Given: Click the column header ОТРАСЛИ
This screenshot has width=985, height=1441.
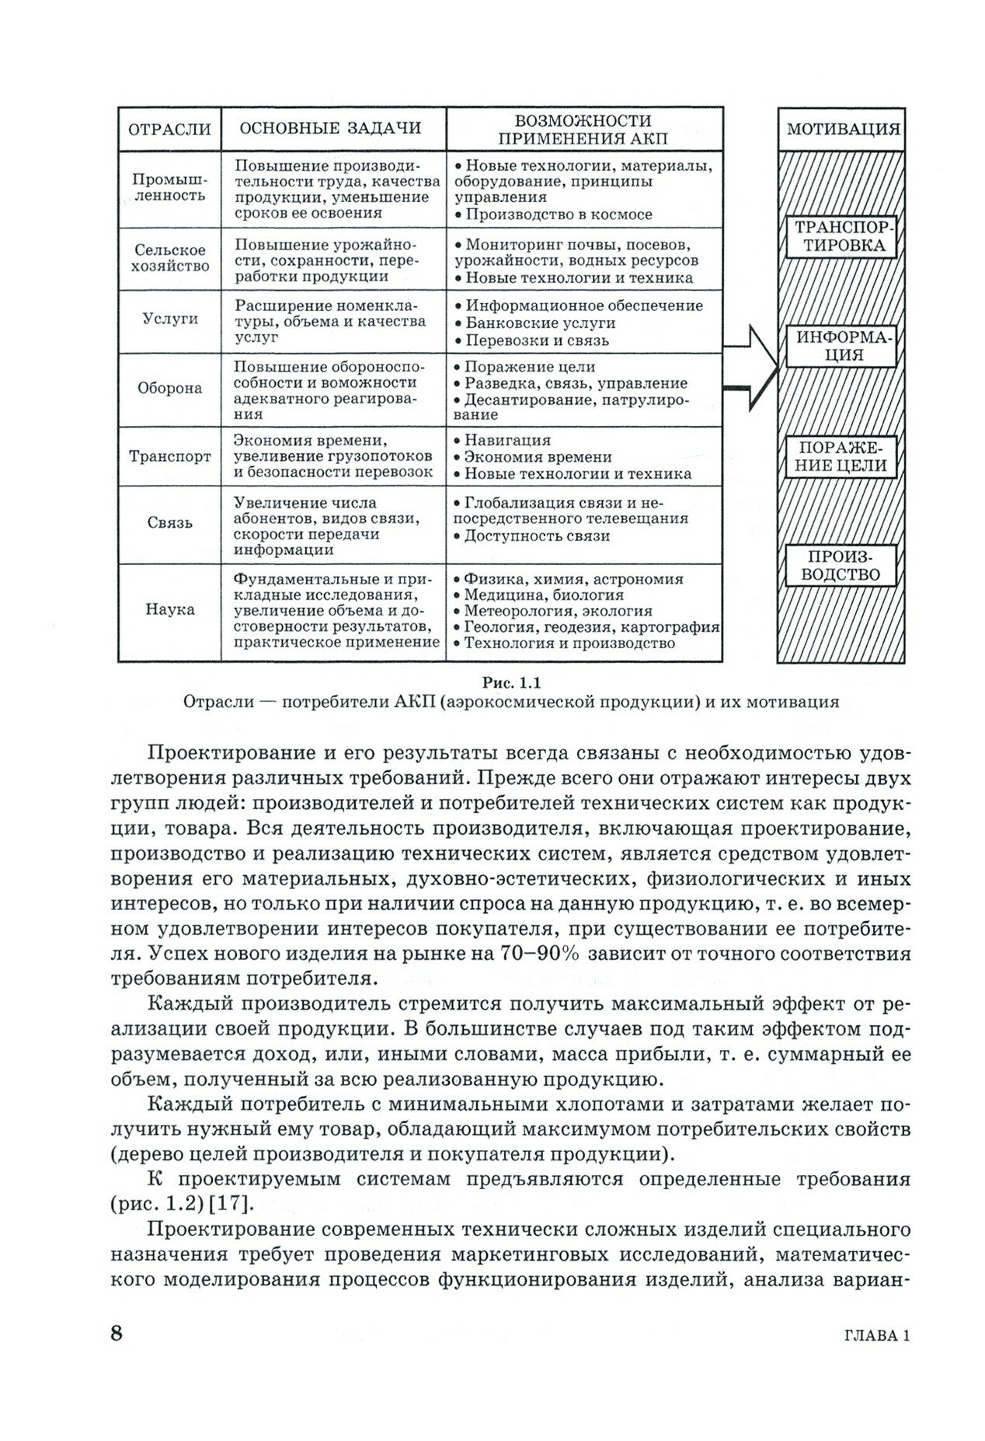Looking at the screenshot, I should (x=169, y=129).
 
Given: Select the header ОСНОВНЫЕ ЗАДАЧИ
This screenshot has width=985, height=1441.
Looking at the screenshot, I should (x=330, y=128).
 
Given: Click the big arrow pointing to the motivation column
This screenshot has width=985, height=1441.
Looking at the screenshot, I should (x=750, y=369).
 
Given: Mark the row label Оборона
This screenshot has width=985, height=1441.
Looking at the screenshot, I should (x=170, y=388).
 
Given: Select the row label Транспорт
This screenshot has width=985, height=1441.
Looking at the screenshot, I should (x=170, y=456).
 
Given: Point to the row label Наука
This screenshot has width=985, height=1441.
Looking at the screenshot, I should (x=170, y=609).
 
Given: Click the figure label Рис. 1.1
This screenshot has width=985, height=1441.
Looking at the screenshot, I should (x=511, y=683).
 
